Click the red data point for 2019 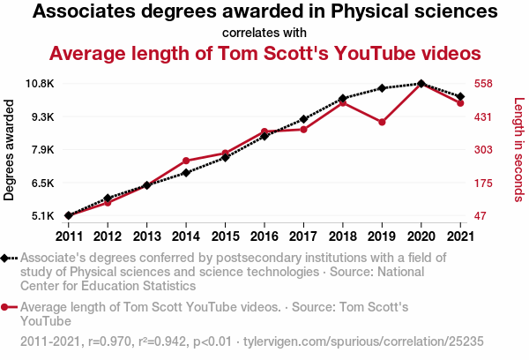tap(382, 122)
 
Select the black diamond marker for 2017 tap(303, 119)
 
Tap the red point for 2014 tap(186, 161)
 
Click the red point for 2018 tap(343, 102)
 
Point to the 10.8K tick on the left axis tap(41, 84)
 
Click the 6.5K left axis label tap(41, 183)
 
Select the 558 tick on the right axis tap(483, 84)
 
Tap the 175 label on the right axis tap(483, 183)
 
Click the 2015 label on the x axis tap(225, 236)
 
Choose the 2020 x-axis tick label tap(421, 236)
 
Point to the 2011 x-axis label tap(69, 236)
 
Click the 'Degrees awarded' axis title tap(10, 150)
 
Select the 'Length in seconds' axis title tap(518, 150)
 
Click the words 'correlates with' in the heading tap(264, 34)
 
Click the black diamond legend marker tap(7, 259)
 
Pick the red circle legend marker tap(7, 307)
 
